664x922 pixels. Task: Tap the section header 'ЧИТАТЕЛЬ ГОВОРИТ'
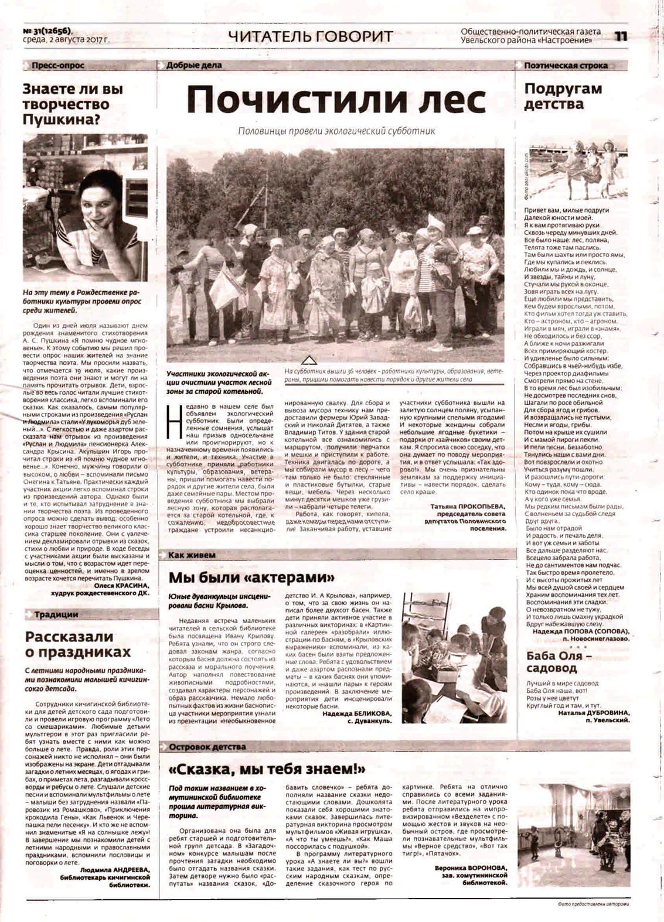tap(311, 36)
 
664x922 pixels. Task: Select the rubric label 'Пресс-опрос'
tap(58, 66)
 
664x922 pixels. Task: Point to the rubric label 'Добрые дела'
tap(194, 66)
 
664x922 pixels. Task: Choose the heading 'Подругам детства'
tap(563, 97)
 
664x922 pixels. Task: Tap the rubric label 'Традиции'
tap(56, 614)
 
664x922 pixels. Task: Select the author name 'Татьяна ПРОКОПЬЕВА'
tap(468, 505)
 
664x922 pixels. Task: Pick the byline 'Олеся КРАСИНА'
tap(121, 585)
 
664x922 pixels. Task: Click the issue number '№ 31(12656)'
tap(50, 32)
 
